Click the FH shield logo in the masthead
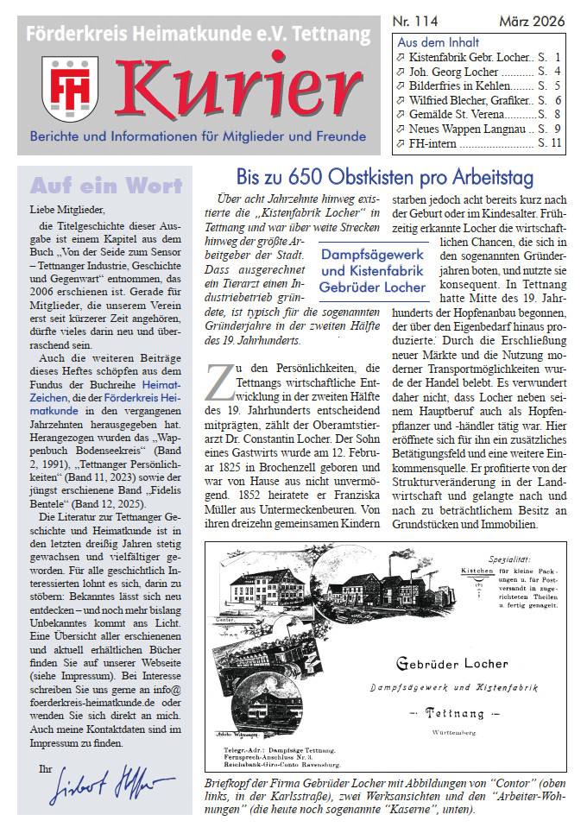point(70,87)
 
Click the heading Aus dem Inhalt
point(438,42)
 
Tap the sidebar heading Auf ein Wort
point(106,186)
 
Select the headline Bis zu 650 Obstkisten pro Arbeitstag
point(385,178)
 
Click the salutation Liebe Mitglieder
point(66,210)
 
